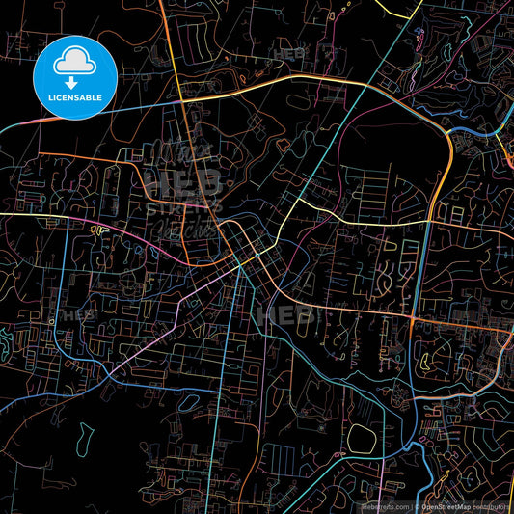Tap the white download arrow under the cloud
(75, 80)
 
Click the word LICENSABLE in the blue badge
(75, 97)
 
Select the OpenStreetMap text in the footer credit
(445, 505)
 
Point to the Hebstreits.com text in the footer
(384, 505)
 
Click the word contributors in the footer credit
(492, 505)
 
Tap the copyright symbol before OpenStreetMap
(416, 505)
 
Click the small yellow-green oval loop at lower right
(423, 365)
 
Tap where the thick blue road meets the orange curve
(448, 132)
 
